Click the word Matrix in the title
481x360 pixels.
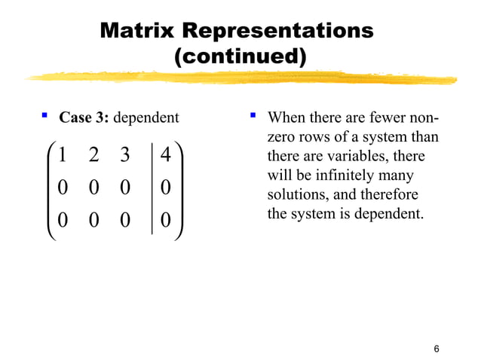pos(137,31)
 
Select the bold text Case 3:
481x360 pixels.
pos(84,117)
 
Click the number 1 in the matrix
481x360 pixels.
pos(62,154)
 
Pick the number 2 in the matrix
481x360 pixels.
pos(93,154)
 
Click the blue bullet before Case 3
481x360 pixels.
pos(44,117)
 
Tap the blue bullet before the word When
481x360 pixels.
pos(254,117)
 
